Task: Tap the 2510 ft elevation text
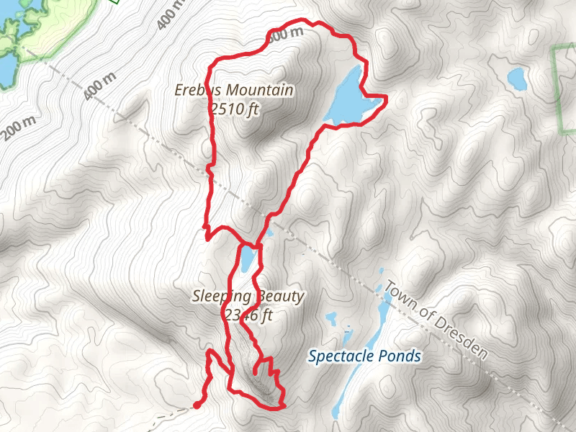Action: (234, 109)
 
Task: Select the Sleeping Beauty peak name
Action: (248, 296)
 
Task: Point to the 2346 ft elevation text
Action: (248, 315)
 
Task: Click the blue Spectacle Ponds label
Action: (365, 356)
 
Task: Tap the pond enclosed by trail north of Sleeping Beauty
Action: (247, 258)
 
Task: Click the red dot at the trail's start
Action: (196, 405)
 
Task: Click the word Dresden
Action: (462, 338)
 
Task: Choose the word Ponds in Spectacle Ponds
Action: (401, 356)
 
